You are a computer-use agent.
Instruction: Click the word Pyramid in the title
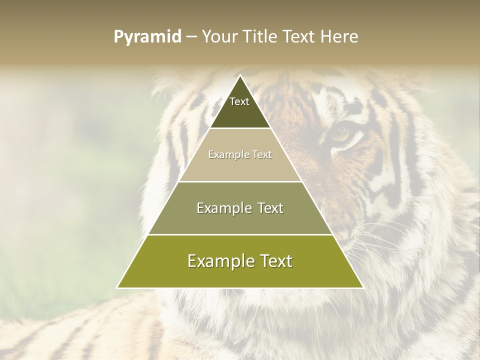[147, 37]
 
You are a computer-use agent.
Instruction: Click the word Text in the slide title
[300, 37]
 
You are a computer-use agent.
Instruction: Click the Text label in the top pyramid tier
[239, 101]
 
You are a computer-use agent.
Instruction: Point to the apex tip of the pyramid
[240, 76]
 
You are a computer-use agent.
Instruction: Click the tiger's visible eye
[341, 134]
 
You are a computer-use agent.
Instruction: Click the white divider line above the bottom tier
[240, 234]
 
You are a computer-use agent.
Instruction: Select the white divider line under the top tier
[240, 128]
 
